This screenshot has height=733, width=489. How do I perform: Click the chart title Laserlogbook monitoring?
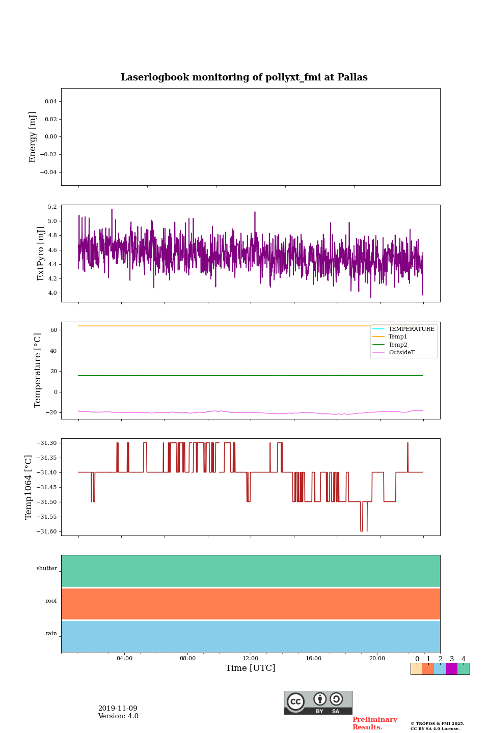pyautogui.click(x=244, y=77)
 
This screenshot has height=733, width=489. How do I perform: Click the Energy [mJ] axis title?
pyautogui.click(x=33, y=137)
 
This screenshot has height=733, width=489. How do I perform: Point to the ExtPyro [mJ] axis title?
pyautogui.click(x=41, y=253)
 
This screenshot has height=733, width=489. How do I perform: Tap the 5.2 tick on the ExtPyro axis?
pyautogui.click(x=52, y=207)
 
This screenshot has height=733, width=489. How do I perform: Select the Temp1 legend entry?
pyautogui.click(x=398, y=337)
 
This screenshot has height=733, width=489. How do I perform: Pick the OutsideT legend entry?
pyautogui.click(x=401, y=353)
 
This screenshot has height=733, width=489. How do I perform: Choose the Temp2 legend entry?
pyautogui.click(x=398, y=345)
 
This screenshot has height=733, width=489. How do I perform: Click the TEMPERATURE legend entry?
pyautogui.click(x=411, y=329)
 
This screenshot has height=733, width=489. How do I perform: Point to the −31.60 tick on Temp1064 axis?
pyautogui.click(x=46, y=531)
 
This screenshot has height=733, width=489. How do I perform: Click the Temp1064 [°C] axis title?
pyautogui.click(x=29, y=487)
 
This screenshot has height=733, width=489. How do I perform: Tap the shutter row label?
pyautogui.click(x=47, y=569)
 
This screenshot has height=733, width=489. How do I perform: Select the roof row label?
pyautogui.click(x=51, y=601)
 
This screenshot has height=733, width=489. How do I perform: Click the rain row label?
pyautogui.click(x=51, y=634)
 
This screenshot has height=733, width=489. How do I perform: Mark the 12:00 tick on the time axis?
pyautogui.click(x=251, y=658)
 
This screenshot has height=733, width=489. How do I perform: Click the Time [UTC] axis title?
pyautogui.click(x=251, y=668)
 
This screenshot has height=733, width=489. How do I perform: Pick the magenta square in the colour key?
pyautogui.click(x=451, y=669)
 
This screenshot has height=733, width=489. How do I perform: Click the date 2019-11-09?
pyautogui.click(x=118, y=709)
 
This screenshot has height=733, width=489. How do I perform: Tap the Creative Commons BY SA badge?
pyautogui.click(x=318, y=702)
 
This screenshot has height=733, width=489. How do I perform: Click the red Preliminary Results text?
pyautogui.click(x=374, y=723)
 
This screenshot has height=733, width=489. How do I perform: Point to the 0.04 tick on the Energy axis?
pyautogui.click(x=50, y=101)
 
